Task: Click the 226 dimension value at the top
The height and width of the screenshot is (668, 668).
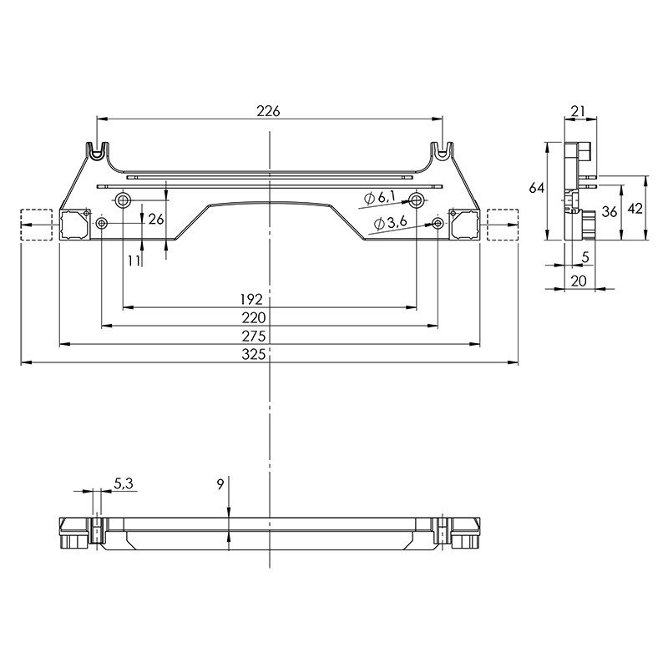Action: pyautogui.click(x=268, y=111)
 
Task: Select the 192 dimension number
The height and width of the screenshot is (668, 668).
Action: pyautogui.click(x=251, y=300)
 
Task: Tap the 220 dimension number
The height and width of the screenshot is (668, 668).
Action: pyautogui.click(x=254, y=318)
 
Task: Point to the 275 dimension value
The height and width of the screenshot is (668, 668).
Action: pyautogui.click(x=254, y=337)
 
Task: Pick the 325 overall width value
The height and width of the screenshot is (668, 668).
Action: pyautogui.click(x=254, y=354)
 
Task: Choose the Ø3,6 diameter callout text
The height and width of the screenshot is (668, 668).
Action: pyautogui.click(x=390, y=222)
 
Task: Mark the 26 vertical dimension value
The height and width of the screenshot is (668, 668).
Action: pyautogui.click(x=156, y=219)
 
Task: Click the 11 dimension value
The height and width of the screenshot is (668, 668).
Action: pyautogui.click(x=134, y=261)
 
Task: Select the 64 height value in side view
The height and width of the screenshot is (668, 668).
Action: pyautogui.click(x=537, y=187)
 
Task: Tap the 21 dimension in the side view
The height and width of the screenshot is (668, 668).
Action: pyautogui.click(x=578, y=111)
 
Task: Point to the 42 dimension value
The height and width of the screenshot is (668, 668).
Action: pyautogui.click(x=635, y=209)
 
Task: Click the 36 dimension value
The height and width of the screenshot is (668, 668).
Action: pyautogui.click(x=610, y=211)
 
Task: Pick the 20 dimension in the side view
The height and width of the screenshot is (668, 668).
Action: pyautogui.click(x=579, y=281)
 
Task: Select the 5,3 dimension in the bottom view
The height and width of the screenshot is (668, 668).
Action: pyautogui.click(x=124, y=483)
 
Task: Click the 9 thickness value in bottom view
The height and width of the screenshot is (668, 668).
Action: pyautogui.click(x=220, y=484)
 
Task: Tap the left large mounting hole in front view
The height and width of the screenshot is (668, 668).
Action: pyautogui.click(x=123, y=199)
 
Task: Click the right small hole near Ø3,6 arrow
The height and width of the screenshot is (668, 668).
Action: pyautogui.click(x=438, y=223)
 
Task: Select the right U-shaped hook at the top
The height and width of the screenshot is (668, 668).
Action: pyautogui.click(x=443, y=151)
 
